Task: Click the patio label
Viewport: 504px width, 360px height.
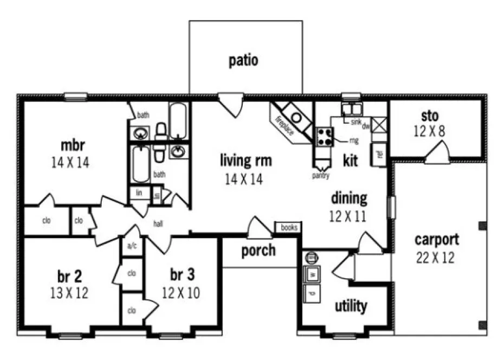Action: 243,60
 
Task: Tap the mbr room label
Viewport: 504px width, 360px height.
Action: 73,145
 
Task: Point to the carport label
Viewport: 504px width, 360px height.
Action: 437,239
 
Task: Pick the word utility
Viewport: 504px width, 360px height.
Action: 351,306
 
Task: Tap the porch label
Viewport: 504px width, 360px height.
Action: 258,250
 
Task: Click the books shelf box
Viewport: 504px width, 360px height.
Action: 289,228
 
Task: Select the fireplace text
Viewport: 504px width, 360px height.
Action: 285,126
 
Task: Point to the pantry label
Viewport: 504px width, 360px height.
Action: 321,176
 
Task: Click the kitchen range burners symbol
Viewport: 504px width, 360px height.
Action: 324,136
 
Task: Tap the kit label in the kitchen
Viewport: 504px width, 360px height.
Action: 351,161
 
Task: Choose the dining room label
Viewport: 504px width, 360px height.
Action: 349,198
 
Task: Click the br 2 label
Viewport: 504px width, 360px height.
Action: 69,277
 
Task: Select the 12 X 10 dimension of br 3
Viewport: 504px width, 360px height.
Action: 181,293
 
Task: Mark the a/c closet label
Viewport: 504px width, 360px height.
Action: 132,246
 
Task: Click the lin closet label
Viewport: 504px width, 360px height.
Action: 139,193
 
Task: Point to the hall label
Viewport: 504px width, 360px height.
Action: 158,223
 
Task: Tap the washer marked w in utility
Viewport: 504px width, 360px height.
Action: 313,274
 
